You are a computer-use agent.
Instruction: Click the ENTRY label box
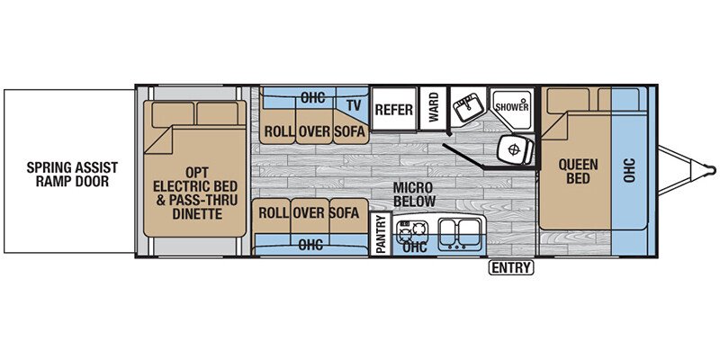click(x=511, y=267)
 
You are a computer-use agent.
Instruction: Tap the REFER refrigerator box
click(x=394, y=109)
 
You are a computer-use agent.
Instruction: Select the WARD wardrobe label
click(x=433, y=108)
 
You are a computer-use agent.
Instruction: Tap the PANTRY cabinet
click(x=380, y=234)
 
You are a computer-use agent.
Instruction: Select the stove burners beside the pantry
click(x=412, y=230)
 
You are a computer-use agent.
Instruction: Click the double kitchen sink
click(x=460, y=234)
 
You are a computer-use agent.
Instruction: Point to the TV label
click(x=353, y=105)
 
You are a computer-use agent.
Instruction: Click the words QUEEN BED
click(x=578, y=171)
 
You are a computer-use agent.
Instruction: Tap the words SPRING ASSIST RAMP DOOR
click(x=73, y=174)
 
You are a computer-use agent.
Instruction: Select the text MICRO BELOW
click(x=413, y=194)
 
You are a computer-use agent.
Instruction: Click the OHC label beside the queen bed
click(x=629, y=170)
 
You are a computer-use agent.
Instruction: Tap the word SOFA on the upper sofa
click(x=349, y=131)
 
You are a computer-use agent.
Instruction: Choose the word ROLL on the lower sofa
click(x=273, y=213)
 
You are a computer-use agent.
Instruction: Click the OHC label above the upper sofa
click(x=312, y=97)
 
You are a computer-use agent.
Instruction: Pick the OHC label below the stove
click(x=415, y=247)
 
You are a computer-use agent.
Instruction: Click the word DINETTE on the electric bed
click(x=197, y=213)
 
